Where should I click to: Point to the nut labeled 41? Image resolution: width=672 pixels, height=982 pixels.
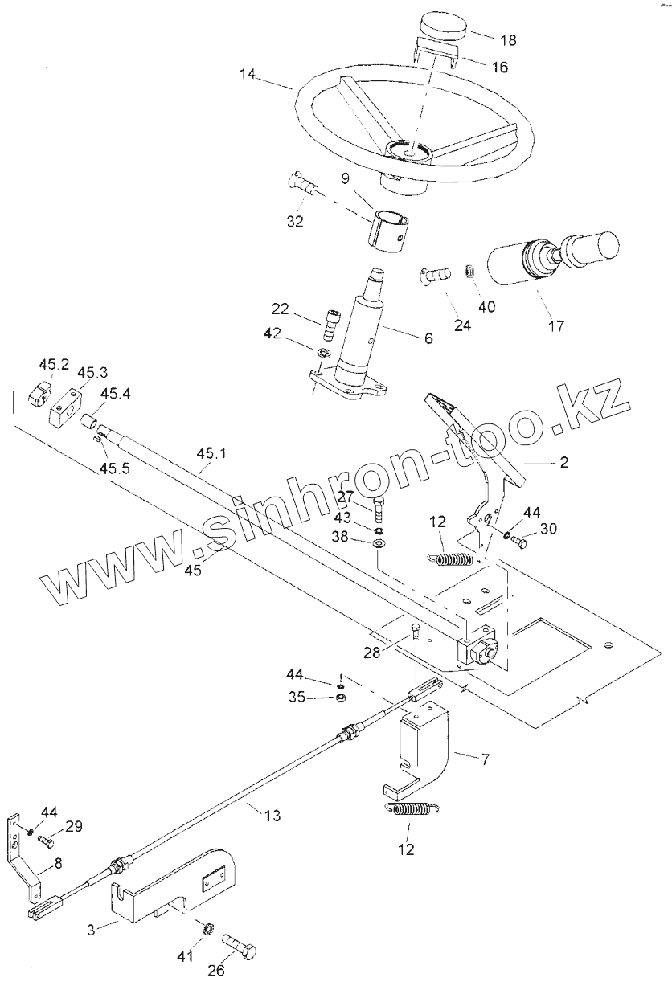click(207, 930)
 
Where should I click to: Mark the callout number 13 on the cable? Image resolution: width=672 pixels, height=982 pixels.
click(272, 816)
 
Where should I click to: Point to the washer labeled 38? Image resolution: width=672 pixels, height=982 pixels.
click(379, 545)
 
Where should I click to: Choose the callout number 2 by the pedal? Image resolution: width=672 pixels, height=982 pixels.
click(564, 462)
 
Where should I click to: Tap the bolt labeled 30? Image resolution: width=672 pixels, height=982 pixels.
click(518, 542)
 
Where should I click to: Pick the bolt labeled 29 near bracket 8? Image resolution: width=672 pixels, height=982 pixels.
click(45, 840)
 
